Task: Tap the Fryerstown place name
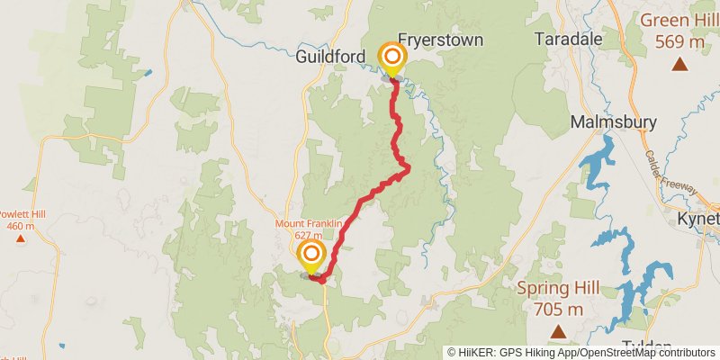pos(441,40)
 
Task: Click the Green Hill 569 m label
pos(679,31)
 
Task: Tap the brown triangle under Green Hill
pos(680,63)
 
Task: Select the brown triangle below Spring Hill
pos(559,333)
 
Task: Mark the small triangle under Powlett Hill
pos(19,238)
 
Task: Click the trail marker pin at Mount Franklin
pos(311,255)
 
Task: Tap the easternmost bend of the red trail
pos(409,166)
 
